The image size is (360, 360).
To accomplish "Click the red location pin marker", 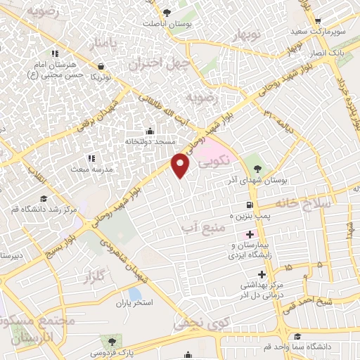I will tap(181, 165).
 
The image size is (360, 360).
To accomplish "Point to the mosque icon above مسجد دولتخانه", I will tap(149, 131).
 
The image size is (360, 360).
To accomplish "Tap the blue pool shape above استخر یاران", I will tap(134, 293).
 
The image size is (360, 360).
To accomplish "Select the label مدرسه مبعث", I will tap(89, 169).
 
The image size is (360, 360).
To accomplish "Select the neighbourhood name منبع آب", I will tap(205, 229).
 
